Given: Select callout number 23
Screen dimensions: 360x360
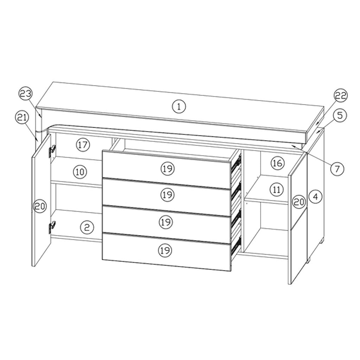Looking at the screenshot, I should [x=26, y=94].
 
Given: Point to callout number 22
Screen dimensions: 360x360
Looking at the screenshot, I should [x=340, y=95].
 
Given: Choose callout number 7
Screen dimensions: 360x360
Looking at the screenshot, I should [x=337, y=168].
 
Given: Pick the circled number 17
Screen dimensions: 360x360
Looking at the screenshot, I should [x=83, y=144].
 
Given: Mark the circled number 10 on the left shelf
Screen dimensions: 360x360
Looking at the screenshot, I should [x=80, y=172].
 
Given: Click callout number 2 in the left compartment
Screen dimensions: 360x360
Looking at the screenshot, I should [x=87, y=227].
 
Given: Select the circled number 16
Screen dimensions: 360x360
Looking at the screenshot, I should [x=277, y=163].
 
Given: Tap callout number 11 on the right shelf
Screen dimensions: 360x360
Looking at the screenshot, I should [x=277, y=190].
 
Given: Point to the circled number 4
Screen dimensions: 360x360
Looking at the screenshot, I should [x=315, y=197].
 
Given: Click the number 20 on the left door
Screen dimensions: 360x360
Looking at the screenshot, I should [x=40, y=206].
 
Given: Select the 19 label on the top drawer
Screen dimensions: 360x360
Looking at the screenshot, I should [x=168, y=169].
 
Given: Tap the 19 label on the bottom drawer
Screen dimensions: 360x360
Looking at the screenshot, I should [x=165, y=250].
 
